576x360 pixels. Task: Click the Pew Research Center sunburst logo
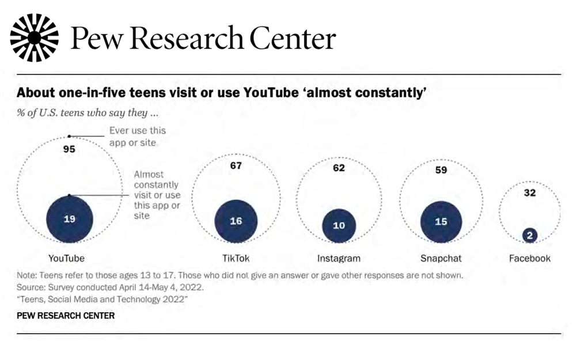tap(35, 38)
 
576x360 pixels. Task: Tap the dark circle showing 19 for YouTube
tap(69, 219)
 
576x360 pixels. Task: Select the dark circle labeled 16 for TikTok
tap(236, 221)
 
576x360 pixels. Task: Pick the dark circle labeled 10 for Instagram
tap(339, 225)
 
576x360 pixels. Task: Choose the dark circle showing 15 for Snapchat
tap(441, 222)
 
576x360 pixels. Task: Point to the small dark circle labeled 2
tap(530, 235)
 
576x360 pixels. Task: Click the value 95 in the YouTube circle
tap(69, 149)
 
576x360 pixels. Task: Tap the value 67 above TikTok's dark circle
tap(236, 166)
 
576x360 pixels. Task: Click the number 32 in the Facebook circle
tap(530, 193)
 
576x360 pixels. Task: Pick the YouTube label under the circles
tap(67, 258)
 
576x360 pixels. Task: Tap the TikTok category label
tap(236, 258)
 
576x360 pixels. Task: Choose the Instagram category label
tap(339, 258)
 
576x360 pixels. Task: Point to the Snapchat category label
tap(441, 258)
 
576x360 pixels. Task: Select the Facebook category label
tap(530, 258)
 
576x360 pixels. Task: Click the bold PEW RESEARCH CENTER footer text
tap(66, 315)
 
